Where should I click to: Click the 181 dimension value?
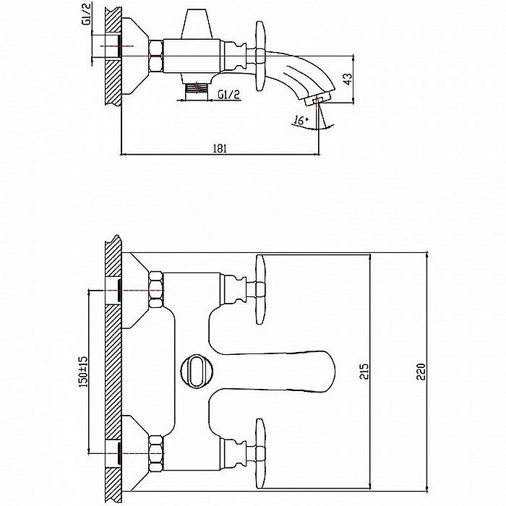220,148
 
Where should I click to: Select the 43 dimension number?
348,79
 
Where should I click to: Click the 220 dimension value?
421,372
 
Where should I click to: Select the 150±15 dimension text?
83,372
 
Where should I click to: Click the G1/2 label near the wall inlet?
86,14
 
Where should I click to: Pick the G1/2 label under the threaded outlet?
229,95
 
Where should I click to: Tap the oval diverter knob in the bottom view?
197,371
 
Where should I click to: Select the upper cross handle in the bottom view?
260,289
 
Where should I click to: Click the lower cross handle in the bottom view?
260,453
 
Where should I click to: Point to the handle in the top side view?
260,56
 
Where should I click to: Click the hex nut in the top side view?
156,56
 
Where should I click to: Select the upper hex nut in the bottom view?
156,290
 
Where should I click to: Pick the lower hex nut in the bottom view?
156,453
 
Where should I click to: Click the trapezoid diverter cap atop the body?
196,24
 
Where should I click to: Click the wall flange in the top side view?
135,56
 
